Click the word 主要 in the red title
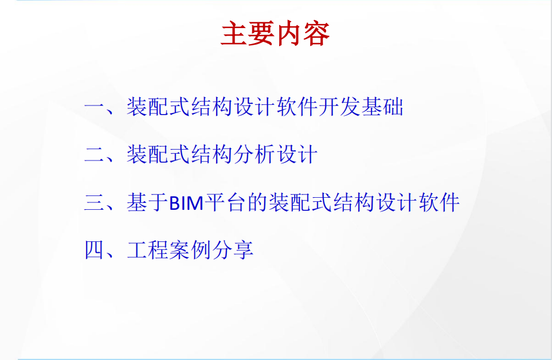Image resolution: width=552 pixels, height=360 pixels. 248,33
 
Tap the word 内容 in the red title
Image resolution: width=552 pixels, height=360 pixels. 303,33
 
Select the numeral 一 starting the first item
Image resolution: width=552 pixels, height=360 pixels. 95,107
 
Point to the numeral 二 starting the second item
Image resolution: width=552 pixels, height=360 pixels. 95,154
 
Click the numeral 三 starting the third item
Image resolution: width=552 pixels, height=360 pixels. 95,202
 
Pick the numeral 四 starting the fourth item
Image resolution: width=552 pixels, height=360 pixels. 95,250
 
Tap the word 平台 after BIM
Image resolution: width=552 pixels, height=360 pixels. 225,202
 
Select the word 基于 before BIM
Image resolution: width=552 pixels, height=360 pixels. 147,202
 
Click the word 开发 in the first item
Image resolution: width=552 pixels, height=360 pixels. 340,106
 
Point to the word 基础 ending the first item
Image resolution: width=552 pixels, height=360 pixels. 382,106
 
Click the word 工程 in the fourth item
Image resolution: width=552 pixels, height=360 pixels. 147,250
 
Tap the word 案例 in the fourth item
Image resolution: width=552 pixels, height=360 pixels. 190,250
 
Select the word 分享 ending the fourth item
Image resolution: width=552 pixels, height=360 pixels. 233,250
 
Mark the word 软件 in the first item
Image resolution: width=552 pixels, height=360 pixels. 297,106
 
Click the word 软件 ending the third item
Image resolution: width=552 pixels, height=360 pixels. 439,202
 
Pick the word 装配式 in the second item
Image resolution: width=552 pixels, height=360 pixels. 158,154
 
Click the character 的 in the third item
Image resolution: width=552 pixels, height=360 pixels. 258,202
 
